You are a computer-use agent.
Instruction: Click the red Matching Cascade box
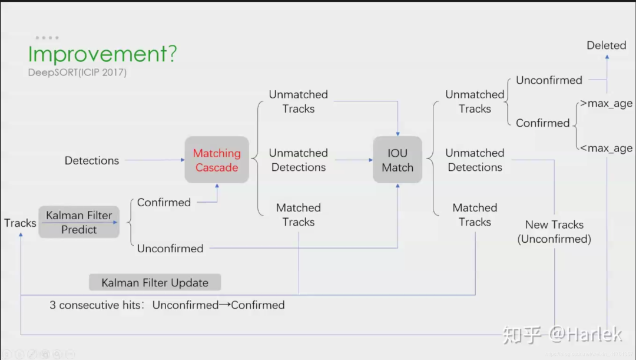[x=217, y=160]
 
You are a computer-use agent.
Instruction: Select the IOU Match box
[x=397, y=160]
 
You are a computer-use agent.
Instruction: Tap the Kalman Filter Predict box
[x=79, y=222]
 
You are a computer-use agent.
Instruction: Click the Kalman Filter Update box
[x=155, y=282]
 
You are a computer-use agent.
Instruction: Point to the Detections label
[x=92, y=160]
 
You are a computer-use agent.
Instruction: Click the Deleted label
[x=607, y=45]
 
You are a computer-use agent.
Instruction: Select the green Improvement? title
[x=102, y=54]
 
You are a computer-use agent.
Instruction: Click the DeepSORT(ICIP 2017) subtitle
[x=77, y=72]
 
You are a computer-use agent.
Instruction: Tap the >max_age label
[x=606, y=104]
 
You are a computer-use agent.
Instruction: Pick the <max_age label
[x=606, y=148]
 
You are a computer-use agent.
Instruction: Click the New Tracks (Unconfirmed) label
[x=554, y=232]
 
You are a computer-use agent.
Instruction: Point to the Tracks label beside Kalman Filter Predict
[x=20, y=223]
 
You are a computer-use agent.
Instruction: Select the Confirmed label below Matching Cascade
[x=164, y=202]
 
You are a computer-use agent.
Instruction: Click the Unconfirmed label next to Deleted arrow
[x=549, y=80]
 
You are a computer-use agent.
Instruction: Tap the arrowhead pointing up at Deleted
[x=607, y=57]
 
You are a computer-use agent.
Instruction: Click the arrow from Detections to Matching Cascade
[x=154, y=160]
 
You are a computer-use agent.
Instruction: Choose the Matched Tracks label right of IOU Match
[x=475, y=214]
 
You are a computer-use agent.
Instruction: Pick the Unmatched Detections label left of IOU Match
[x=299, y=160]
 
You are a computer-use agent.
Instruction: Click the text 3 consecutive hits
[x=95, y=305]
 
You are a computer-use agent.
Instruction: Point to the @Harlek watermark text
[x=585, y=335]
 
